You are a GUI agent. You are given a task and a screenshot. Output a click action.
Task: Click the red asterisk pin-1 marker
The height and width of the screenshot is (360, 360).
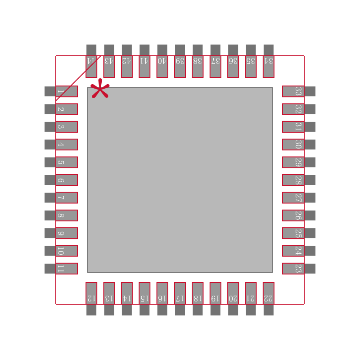pos(100,89)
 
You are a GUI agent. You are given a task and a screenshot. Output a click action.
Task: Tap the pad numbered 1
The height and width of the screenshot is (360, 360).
pos(67,91)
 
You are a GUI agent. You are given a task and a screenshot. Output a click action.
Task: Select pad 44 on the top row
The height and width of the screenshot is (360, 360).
pos(91,66)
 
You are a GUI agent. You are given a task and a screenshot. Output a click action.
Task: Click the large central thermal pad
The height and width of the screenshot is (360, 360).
pos(180,180)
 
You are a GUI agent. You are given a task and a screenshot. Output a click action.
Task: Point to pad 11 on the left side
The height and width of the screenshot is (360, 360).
pos(67,269)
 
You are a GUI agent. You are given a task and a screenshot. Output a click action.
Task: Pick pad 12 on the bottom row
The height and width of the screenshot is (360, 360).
pos(91,293)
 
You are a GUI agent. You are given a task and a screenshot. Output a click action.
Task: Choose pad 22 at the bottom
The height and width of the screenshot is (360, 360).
pos(269,293)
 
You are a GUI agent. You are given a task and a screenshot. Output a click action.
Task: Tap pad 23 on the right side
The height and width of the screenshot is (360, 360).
pos(293,269)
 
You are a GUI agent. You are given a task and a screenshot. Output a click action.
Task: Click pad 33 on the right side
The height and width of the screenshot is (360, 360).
pos(293,91)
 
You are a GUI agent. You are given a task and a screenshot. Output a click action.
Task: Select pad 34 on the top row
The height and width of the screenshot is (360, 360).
pos(269,66)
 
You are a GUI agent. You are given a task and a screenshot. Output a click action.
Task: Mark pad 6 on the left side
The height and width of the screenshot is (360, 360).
pos(67,180)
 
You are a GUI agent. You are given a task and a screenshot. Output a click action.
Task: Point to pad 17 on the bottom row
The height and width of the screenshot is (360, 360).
pos(180,293)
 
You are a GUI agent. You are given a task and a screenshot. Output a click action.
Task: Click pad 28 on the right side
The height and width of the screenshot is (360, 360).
pos(293,180)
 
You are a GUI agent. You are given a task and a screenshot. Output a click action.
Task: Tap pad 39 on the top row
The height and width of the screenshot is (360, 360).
pos(180,66)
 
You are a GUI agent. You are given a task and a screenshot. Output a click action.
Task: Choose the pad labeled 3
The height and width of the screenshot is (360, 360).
pos(67,127)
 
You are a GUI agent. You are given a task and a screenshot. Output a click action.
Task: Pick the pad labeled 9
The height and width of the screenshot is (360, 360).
pos(67,233)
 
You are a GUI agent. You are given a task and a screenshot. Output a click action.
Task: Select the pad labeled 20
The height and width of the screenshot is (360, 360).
pos(233,293)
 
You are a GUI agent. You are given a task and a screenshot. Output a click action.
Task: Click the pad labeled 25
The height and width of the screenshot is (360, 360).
pos(293,233)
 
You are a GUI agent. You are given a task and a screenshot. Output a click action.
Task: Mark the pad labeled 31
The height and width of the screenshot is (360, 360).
pos(293,127)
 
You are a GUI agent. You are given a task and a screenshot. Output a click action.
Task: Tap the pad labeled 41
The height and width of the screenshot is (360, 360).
pos(144,66)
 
